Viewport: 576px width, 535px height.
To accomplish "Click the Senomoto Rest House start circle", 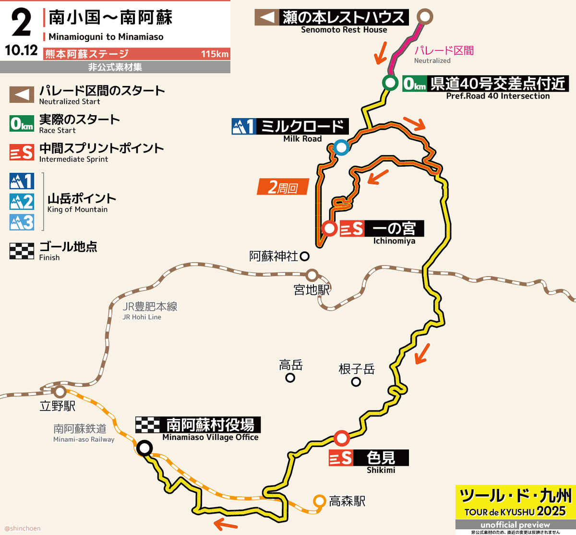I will [x=424, y=17].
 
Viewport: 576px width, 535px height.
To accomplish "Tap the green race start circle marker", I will [x=389, y=83].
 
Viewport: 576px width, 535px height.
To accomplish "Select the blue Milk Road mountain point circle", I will [x=341, y=147].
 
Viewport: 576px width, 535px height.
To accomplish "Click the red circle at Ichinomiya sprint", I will [x=330, y=228].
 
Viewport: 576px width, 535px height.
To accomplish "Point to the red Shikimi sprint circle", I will [x=341, y=438].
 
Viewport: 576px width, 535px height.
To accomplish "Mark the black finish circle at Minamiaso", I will [x=144, y=448].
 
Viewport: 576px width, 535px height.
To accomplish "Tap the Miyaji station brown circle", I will [x=312, y=276].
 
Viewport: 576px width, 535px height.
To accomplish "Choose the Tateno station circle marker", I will [x=60, y=391].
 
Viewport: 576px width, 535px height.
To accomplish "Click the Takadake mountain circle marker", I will [x=290, y=377].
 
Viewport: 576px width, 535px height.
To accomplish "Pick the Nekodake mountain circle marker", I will [x=356, y=382].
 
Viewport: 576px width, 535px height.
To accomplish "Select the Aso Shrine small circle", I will [x=304, y=256].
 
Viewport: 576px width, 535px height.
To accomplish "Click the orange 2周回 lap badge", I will [x=284, y=187].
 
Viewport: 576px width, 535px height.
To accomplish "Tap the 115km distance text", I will [x=215, y=54].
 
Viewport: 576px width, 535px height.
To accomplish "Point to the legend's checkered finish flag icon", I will [x=22, y=251].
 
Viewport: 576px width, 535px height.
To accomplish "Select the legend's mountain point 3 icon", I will [x=22, y=222].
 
